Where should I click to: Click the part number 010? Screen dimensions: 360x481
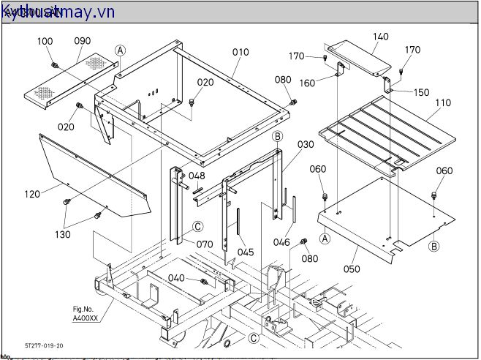240,52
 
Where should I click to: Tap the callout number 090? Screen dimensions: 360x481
83,41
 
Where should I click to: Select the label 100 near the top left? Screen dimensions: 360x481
45,41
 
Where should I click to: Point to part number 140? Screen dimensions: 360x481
381,37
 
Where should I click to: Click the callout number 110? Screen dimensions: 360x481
443,103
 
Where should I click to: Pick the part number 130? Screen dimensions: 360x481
63,235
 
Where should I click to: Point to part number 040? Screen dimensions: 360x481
176,278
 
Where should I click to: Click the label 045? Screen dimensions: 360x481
246,252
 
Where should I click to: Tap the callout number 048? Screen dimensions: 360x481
197,176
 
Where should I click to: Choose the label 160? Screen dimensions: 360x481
307,83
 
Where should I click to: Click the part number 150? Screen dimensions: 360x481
422,93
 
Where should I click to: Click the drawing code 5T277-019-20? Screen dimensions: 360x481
44,345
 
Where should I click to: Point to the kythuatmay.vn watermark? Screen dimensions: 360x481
58,11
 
